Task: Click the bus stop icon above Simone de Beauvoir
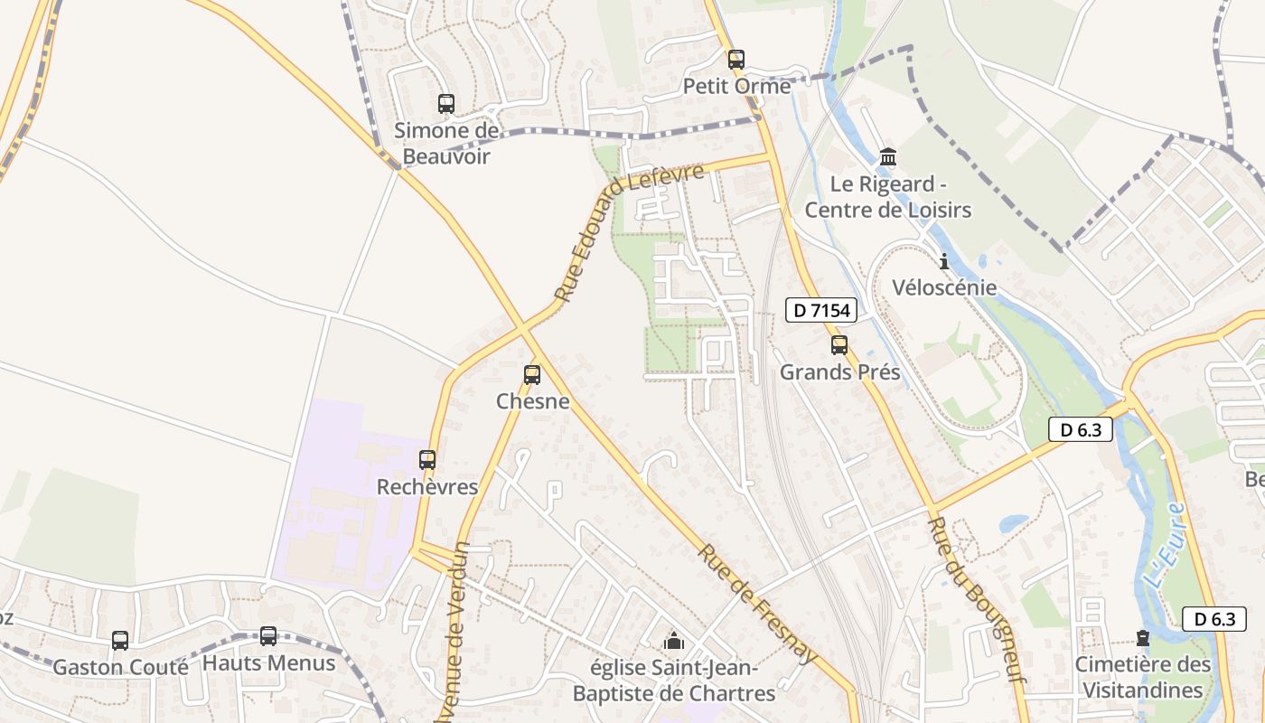coord(445,104)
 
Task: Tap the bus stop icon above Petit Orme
coord(736,60)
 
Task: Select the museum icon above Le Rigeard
coord(888,157)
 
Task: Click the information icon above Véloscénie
coord(944,262)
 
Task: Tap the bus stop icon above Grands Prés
coord(839,344)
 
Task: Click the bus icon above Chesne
coord(532,374)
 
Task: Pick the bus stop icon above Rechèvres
coord(427,459)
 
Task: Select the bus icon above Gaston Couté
coord(120,641)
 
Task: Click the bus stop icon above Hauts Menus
coord(268,636)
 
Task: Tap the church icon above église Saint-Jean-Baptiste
coord(673,642)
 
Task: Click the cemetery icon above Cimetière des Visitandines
coord(1143,638)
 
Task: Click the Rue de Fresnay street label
coord(757,604)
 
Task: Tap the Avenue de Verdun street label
coord(454,633)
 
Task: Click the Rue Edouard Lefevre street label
coord(629,231)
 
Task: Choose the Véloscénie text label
coord(944,288)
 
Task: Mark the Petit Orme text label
coord(736,86)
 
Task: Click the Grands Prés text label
coord(839,371)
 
